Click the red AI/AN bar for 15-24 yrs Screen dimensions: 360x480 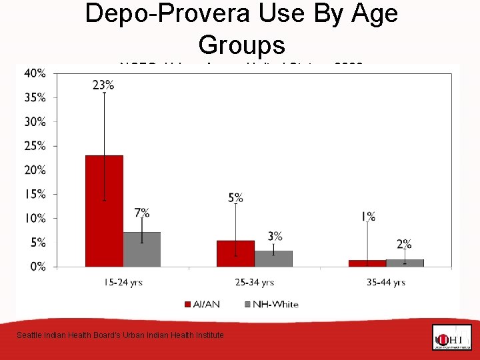(104, 211)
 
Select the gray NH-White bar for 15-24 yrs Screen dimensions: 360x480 (141, 249)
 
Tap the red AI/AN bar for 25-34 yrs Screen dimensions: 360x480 (235, 253)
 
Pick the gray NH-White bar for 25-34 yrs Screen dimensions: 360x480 (273, 259)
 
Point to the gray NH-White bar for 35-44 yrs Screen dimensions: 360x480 (405, 263)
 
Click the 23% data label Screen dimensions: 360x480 (104, 85)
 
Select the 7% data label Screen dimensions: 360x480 (141, 213)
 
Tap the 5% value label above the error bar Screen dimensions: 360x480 (235, 197)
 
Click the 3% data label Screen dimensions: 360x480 (275, 236)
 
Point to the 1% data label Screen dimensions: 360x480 (368, 216)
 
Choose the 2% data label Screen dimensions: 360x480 (404, 244)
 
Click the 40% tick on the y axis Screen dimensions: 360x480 (35, 73)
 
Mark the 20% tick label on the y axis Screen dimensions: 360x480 (35, 170)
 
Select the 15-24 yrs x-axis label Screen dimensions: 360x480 (123, 283)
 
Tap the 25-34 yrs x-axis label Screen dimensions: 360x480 (254, 283)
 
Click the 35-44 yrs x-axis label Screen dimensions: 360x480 (385, 283)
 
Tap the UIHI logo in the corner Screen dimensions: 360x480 (451, 337)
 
